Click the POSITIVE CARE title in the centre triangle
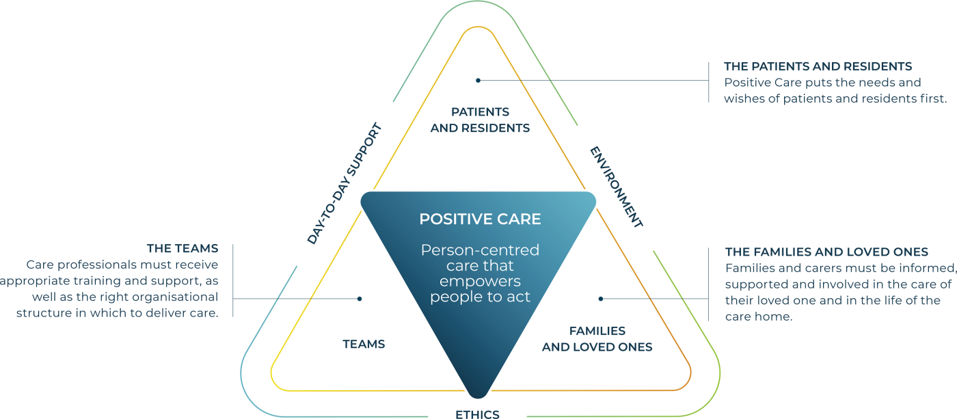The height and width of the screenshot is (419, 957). pyautogui.click(x=480, y=219)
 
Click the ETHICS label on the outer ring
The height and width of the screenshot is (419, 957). pyautogui.click(x=477, y=414)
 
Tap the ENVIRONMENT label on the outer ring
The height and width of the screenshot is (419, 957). pyautogui.click(x=616, y=187)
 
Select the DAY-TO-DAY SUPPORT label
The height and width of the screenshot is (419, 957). pyautogui.click(x=343, y=184)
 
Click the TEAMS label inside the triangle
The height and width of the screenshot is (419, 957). pyautogui.click(x=364, y=344)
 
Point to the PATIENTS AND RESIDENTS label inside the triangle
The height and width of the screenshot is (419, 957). pyautogui.click(x=480, y=120)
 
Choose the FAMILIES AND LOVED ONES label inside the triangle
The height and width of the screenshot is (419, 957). pyautogui.click(x=597, y=339)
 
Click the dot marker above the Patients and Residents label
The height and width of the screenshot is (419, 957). pyautogui.click(x=478, y=80)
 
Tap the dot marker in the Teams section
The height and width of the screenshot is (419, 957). pyautogui.click(x=360, y=299)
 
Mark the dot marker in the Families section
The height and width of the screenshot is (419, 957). pyautogui.click(x=601, y=299)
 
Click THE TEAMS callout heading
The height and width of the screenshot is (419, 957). pyautogui.click(x=183, y=248)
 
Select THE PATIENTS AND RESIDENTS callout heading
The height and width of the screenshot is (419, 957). pyautogui.click(x=818, y=66)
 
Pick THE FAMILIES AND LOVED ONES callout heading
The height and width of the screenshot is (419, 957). pyautogui.click(x=826, y=252)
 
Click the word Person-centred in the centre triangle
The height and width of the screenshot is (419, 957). pyautogui.click(x=480, y=250)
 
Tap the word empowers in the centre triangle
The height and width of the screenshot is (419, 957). pyautogui.click(x=480, y=281)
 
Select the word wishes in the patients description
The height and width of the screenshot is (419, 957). pyautogui.click(x=742, y=98)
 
